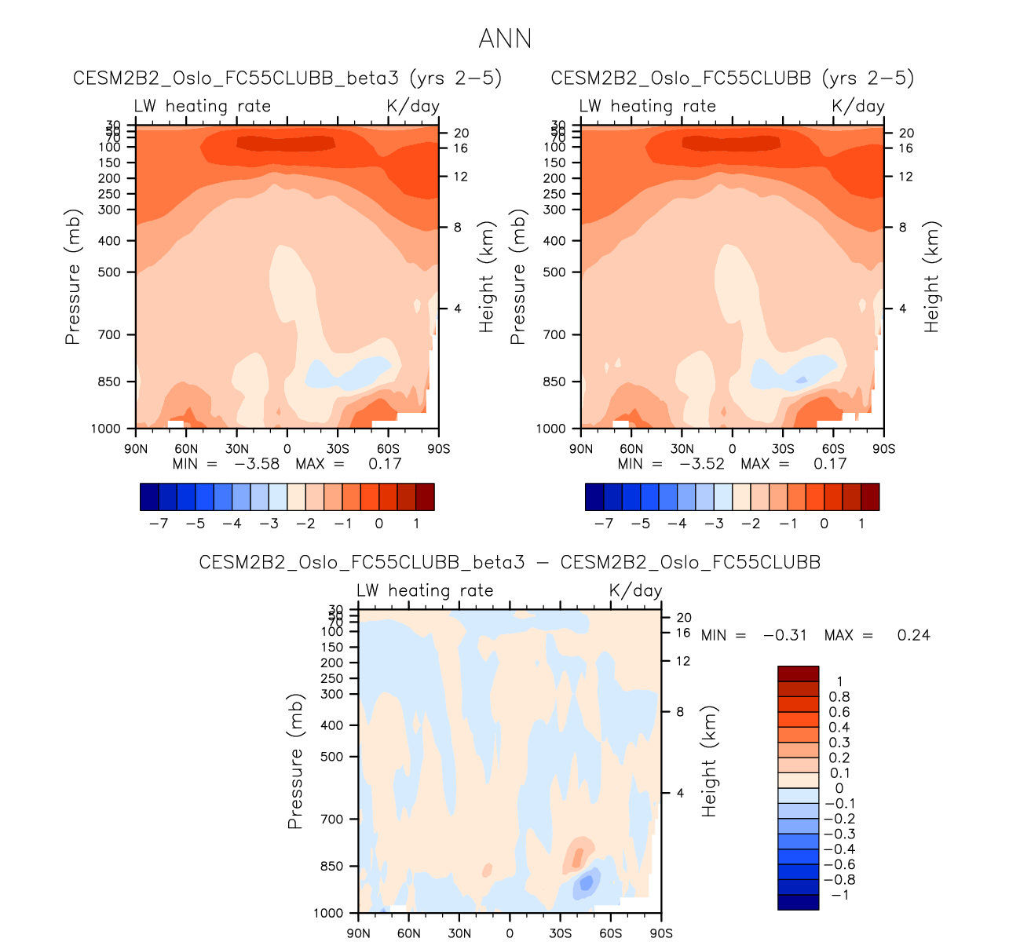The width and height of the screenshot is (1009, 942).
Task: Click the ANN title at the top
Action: (505, 38)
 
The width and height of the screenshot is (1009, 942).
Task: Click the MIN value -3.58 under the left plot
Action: (257, 464)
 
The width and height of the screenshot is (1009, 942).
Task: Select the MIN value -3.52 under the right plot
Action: (702, 464)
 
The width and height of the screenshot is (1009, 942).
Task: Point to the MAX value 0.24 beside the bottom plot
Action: (913, 635)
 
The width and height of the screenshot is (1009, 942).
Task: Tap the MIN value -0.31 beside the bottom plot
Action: (784, 635)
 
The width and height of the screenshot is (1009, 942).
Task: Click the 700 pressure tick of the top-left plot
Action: (110, 335)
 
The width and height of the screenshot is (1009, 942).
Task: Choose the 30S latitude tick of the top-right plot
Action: (783, 449)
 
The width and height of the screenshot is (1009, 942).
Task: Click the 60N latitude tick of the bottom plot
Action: (408, 933)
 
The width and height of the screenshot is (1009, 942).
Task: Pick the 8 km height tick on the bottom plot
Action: (680, 712)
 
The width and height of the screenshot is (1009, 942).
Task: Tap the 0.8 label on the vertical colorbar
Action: (839, 697)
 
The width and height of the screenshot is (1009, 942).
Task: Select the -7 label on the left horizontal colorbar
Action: (159, 524)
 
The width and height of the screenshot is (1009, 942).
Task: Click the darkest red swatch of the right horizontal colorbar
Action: (870, 497)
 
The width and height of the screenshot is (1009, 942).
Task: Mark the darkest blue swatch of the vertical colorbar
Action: (798, 902)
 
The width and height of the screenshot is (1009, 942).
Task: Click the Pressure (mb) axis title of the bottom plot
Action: (295, 761)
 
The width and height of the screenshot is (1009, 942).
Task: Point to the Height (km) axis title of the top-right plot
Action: (932, 276)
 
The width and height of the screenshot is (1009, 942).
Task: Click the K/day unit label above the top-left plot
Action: (412, 106)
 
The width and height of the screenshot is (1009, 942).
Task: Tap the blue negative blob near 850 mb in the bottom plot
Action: (586, 885)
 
